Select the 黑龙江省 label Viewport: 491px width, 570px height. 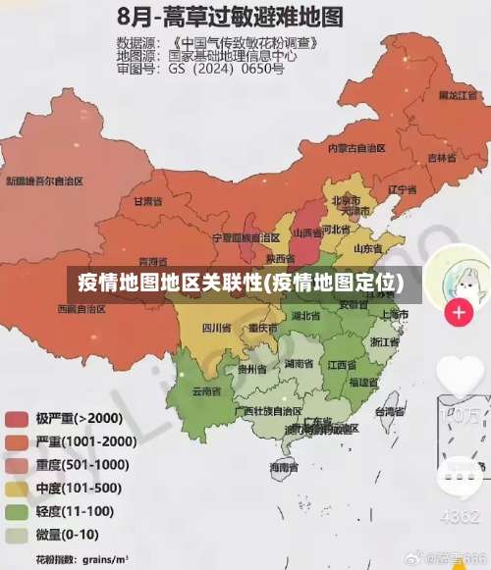pos(460,95)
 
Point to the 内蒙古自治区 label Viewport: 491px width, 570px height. pos(355,147)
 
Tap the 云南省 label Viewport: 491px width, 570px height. pos(206,391)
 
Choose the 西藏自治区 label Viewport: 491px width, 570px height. pos(82,308)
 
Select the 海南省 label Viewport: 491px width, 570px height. pos(285,470)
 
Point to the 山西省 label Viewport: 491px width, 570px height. pos(307,233)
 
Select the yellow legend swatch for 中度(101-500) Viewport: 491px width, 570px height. pos(18,489)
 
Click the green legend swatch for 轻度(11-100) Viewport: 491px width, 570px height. pos(18,512)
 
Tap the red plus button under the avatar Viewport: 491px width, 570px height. pos(459,313)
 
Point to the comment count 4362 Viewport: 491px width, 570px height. pos(460,516)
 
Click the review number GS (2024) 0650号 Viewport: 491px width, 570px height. pos(226,70)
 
